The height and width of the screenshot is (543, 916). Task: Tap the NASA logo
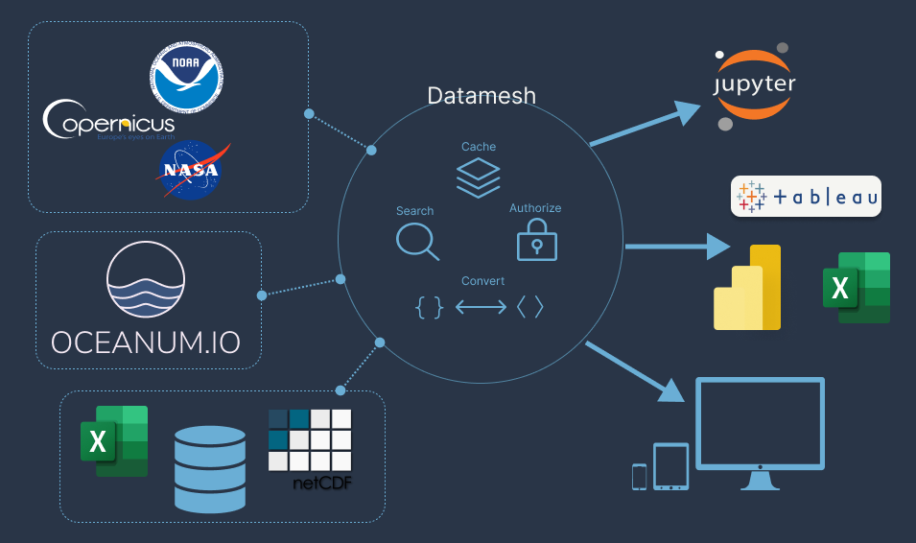pos(190,170)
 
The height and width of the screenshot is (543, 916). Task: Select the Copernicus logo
pos(109,122)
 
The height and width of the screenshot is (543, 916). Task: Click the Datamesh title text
pos(481,96)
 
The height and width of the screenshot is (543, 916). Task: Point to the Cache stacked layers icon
pos(478,177)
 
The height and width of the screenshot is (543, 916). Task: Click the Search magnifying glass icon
pos(417,240)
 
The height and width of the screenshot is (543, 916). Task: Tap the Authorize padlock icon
pos(536,239)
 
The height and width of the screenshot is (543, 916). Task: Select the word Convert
pos(482,281)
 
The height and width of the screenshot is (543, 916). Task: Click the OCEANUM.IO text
pos(147,342)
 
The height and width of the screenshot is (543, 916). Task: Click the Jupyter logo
pos(754,85)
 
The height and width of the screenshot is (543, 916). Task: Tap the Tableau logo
pos(806,197)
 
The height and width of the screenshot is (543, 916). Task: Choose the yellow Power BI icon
pos(749,288)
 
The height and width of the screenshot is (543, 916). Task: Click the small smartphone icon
pos(640,476)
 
